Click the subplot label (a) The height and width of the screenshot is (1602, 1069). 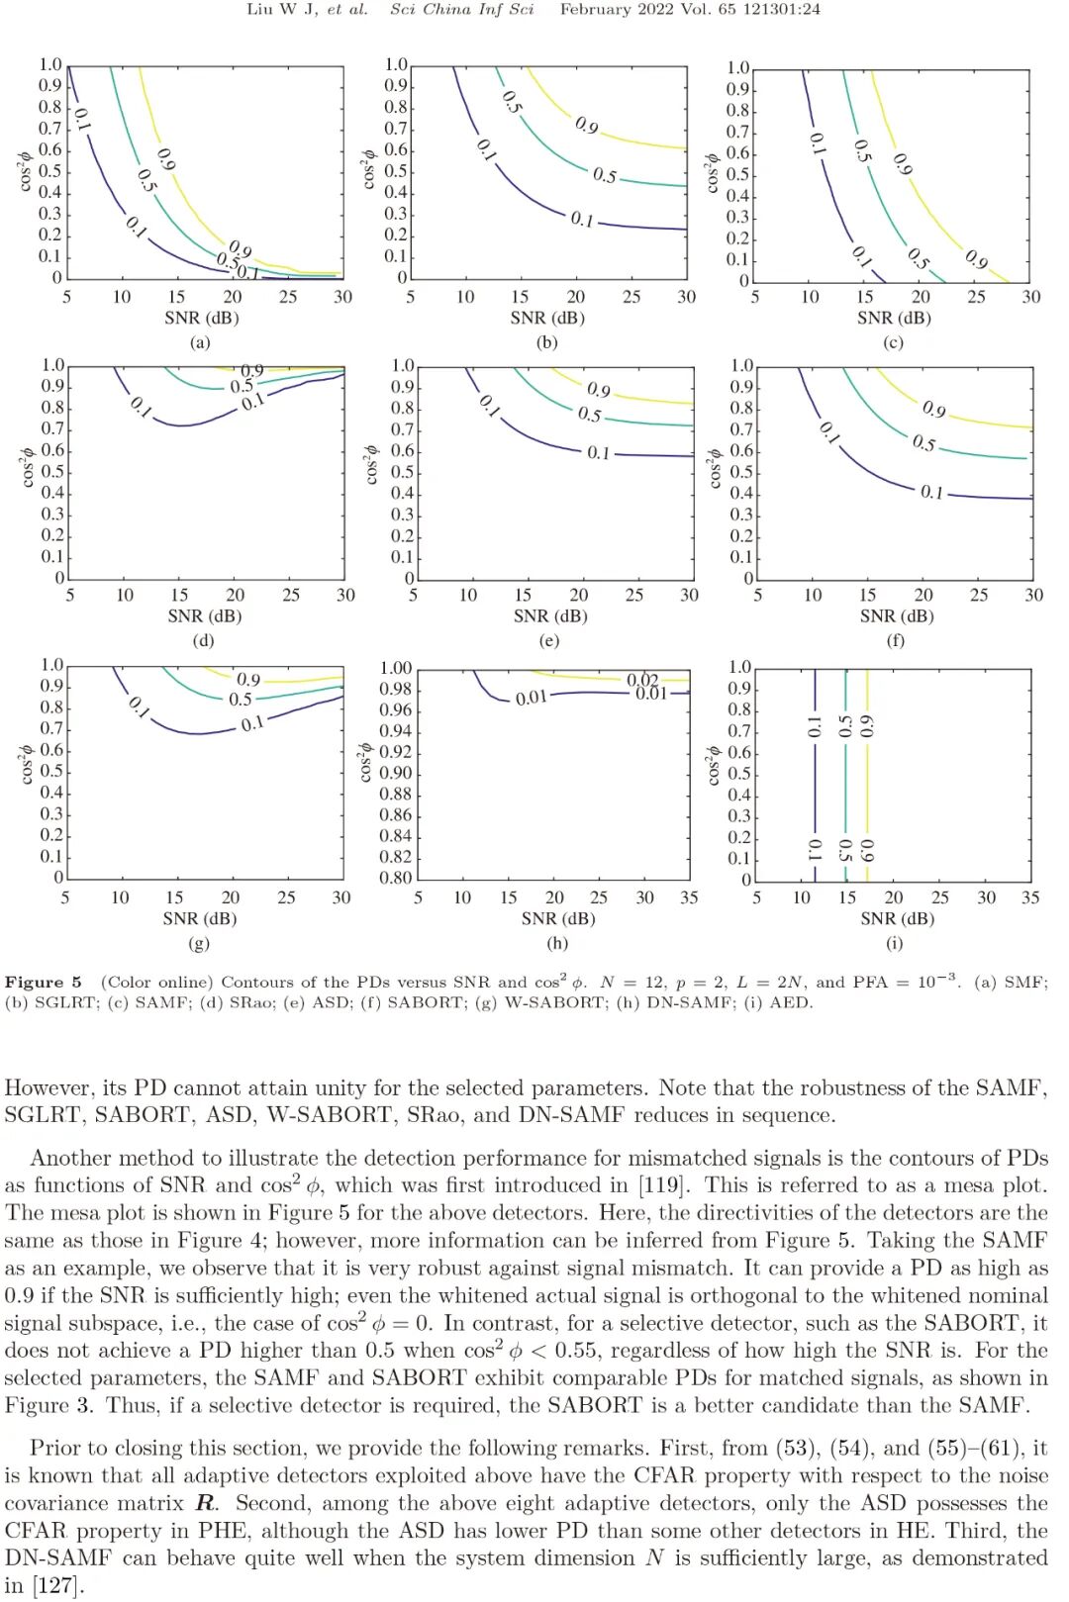200,342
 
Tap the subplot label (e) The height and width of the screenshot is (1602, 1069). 548,640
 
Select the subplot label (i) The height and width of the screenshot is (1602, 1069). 894,943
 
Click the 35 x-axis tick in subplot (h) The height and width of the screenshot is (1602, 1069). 689,897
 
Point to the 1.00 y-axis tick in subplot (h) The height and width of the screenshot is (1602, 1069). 396,668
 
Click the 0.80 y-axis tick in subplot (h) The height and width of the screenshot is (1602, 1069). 396,878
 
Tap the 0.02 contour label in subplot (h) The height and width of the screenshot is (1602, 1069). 642,679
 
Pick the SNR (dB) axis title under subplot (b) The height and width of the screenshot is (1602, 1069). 547,318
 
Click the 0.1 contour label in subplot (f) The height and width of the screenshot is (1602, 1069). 931,492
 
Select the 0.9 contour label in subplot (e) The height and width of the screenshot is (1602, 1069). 598,390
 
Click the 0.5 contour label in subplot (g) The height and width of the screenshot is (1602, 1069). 241,699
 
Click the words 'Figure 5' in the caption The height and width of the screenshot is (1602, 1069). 44,982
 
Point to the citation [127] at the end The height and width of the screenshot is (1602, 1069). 57,1585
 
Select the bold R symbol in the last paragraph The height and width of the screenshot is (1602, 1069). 205,1503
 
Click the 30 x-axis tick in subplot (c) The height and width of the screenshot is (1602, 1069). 1030,297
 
